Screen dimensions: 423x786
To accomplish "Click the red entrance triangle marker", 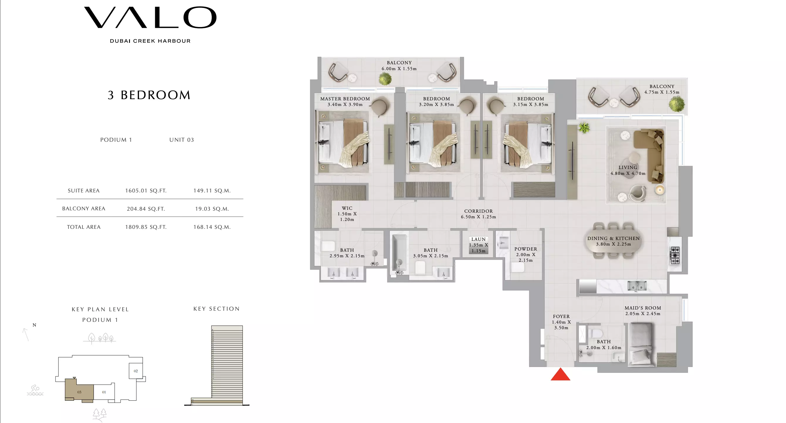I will click(560, 375).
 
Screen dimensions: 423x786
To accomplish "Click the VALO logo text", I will click(150, 18).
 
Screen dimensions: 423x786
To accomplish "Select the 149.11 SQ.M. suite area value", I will click(212, 191).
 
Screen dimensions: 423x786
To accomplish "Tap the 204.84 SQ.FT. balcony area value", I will click(146, 209).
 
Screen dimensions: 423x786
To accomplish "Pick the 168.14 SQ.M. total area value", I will click(212, 227).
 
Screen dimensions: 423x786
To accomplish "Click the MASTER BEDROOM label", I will click(345, 99).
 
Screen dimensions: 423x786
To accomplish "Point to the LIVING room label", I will click(628, 167).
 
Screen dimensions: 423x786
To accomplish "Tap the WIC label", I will click(347, 209).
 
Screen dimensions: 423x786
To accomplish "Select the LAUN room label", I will click(478, 240).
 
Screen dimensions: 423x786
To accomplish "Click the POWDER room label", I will click(526, 249).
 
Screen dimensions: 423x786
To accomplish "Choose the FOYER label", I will click(561, 317).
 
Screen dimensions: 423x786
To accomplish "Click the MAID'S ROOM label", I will click(643, 308).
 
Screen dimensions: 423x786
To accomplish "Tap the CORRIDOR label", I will click(478, 211).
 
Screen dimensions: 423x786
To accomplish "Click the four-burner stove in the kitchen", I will click(675, 255).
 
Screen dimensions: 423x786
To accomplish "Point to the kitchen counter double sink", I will click(637, 286).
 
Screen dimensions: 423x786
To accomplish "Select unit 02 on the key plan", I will click(136, 371).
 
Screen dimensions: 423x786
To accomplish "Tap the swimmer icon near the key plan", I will click(35, 390).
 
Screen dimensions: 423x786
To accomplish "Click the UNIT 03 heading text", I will click(182, 140).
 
